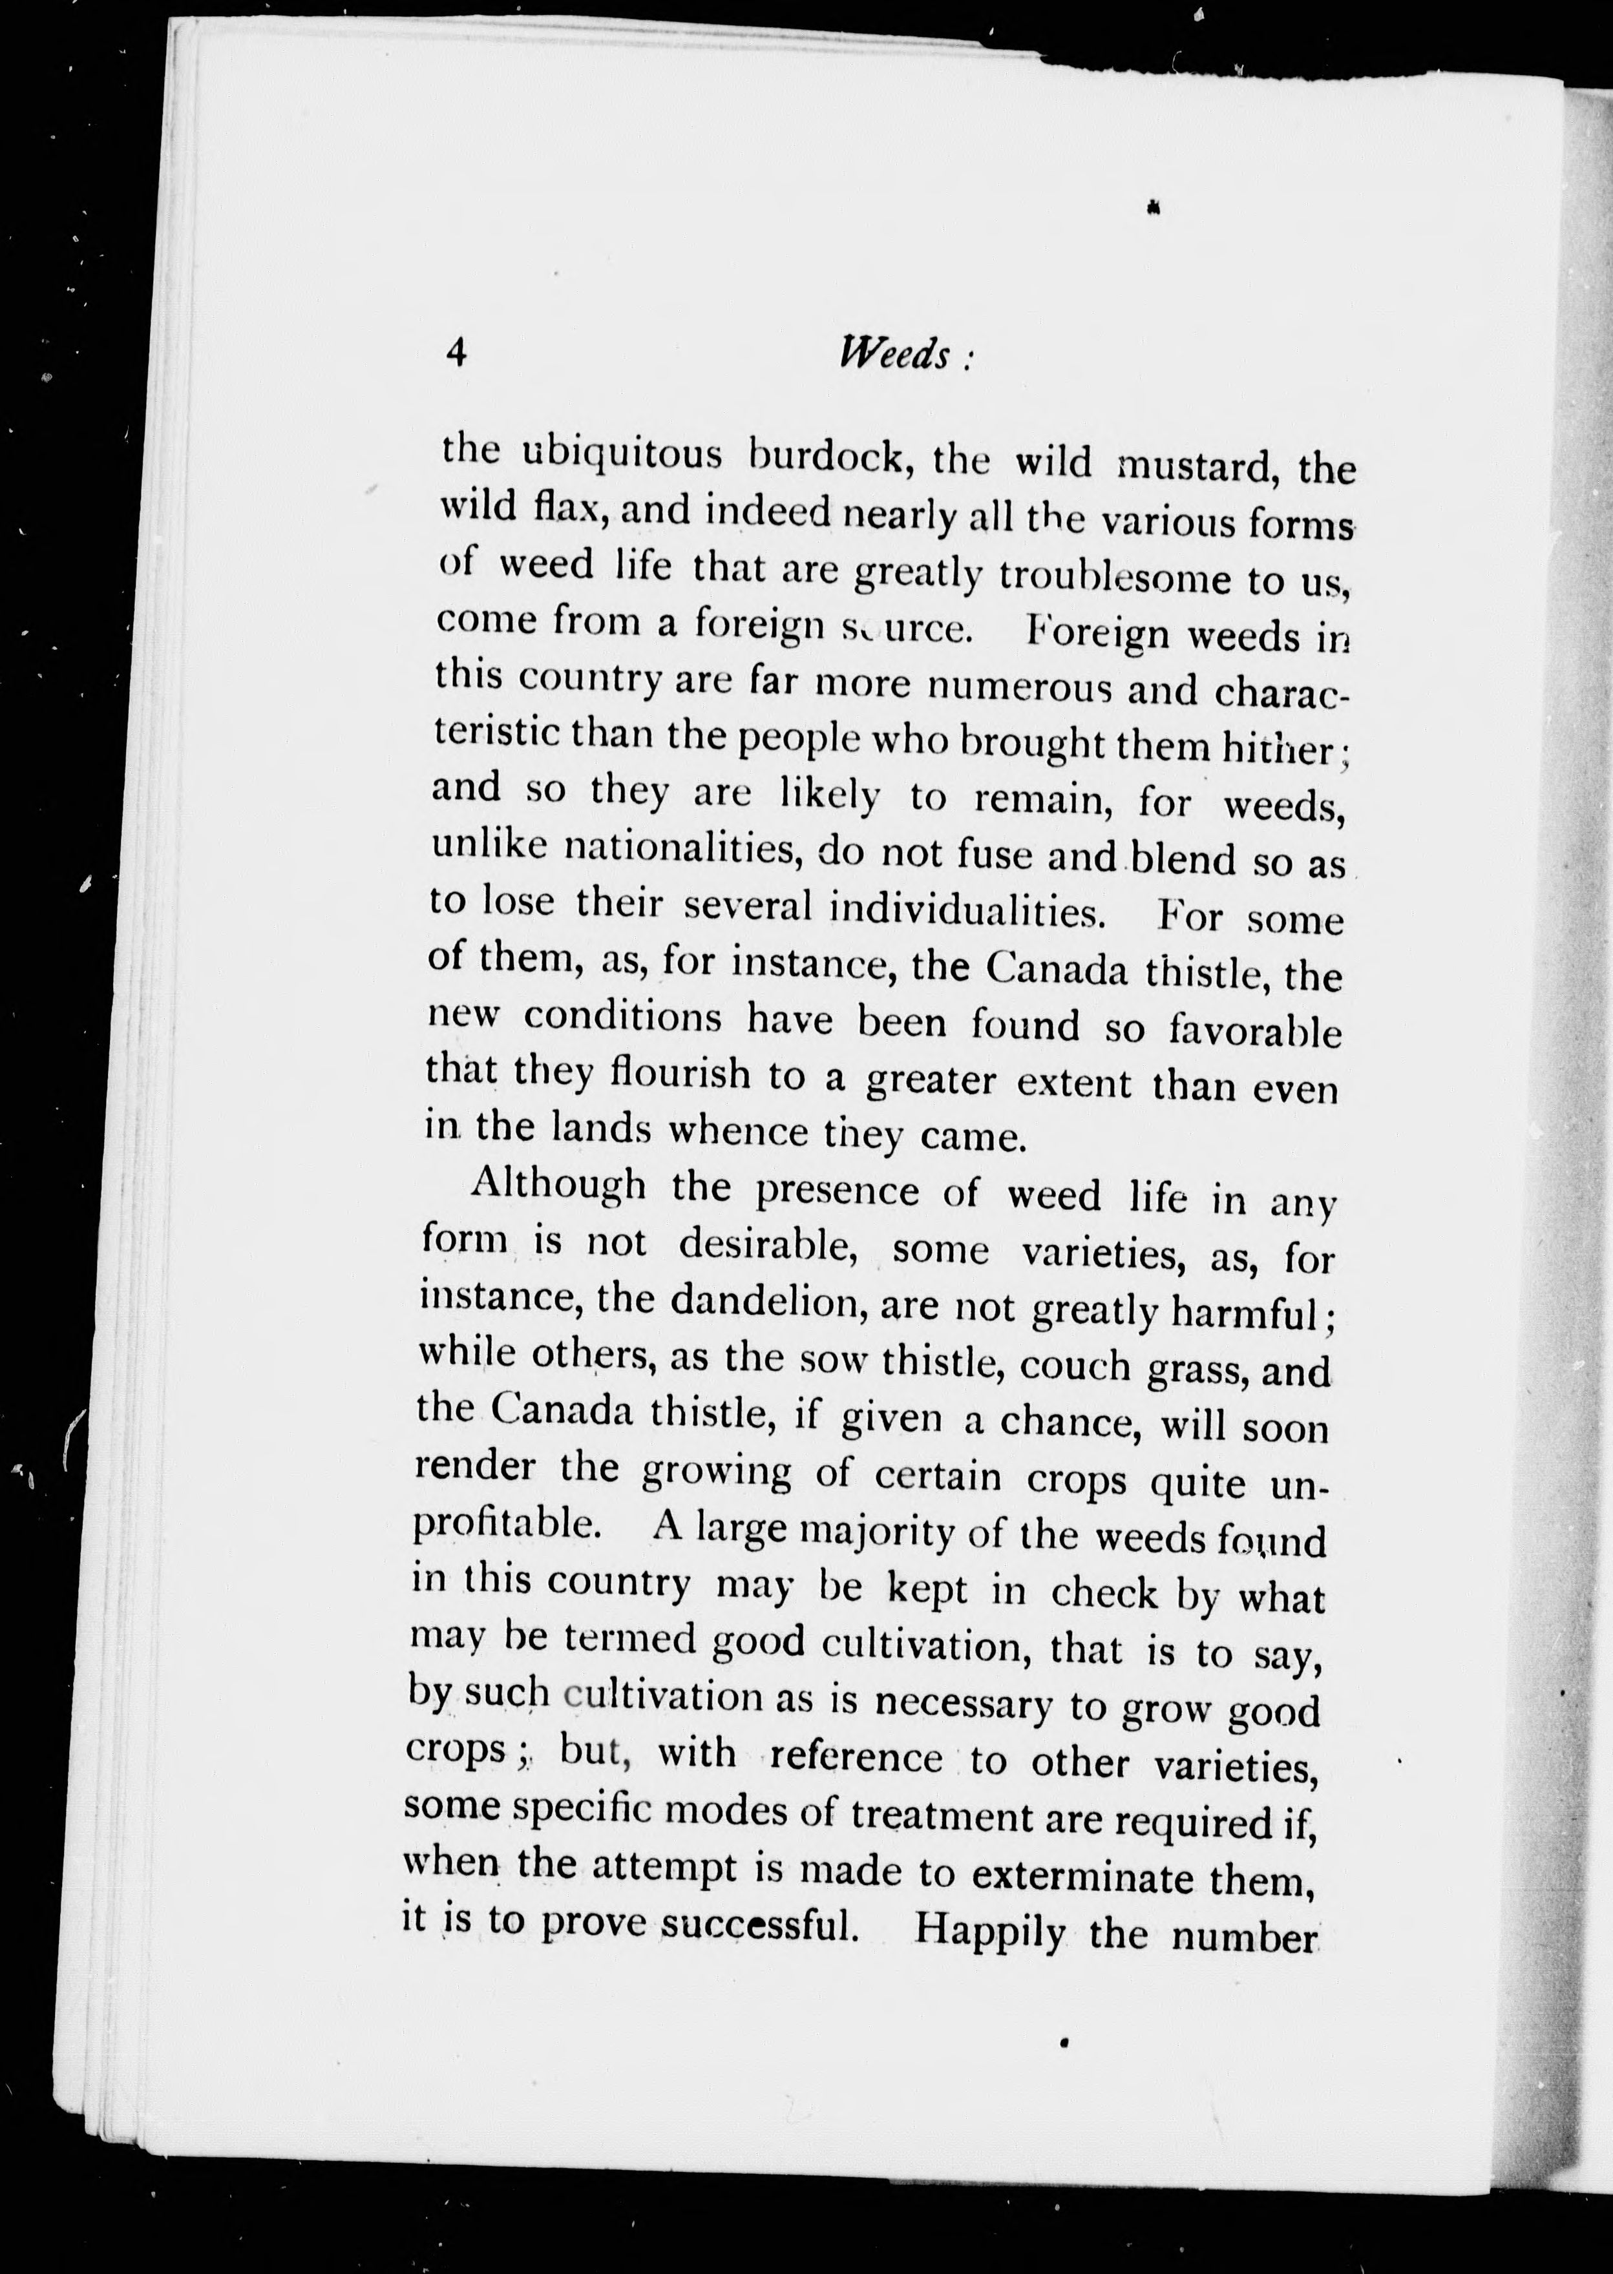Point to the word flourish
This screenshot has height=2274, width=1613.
(681, 1074)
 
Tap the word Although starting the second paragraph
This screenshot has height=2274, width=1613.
(558, 1185)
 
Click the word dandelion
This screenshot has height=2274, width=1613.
(764, 1302)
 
